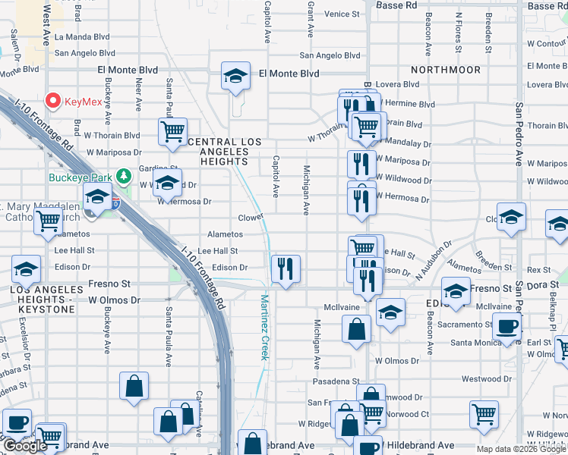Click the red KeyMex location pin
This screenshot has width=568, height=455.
(x=54, y=100)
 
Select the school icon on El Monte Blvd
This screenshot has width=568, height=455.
(x=236, y=76)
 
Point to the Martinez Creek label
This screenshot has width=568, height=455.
(x=265, y=327)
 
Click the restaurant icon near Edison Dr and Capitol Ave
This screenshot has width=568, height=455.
(x=286, y=268)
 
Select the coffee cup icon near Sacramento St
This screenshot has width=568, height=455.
(x=506, y=327)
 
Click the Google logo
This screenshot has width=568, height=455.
(x=25, y=445)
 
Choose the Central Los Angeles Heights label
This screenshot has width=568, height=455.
(x=224, y=152)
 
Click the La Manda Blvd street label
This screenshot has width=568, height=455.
(x=84, y=36)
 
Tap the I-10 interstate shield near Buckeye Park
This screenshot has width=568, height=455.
(x=115, y=202)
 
